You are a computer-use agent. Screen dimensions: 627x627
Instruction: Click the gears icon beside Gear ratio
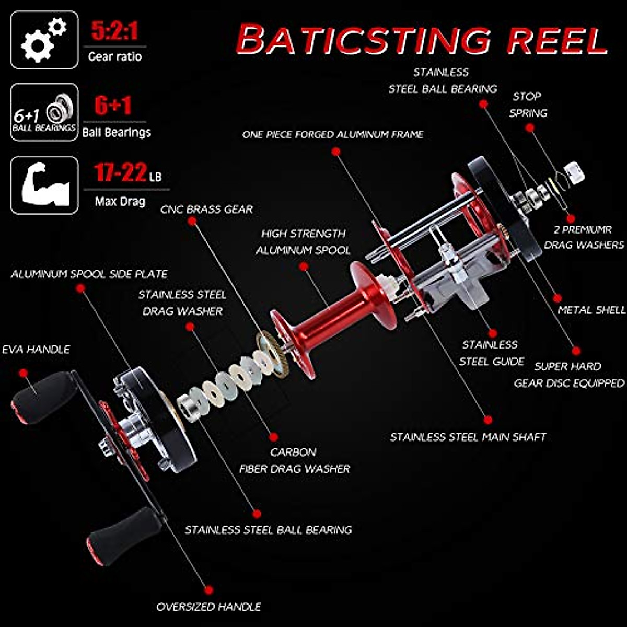(44, 40)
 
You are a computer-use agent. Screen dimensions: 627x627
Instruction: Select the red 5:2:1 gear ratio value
(115, 31)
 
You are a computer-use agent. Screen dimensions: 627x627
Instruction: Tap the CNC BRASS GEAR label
(206, 210)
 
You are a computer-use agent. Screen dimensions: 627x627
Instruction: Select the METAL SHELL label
(591, 310)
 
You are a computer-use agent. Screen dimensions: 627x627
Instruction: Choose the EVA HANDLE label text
(36, 349)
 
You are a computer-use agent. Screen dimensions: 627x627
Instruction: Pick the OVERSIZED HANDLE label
(208, 607)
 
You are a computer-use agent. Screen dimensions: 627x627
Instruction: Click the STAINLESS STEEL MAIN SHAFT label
(468, 437)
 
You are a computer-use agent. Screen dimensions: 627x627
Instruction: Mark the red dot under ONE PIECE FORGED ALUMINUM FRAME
(336, 152)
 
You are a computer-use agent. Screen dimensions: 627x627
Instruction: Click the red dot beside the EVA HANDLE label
(22, 373)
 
